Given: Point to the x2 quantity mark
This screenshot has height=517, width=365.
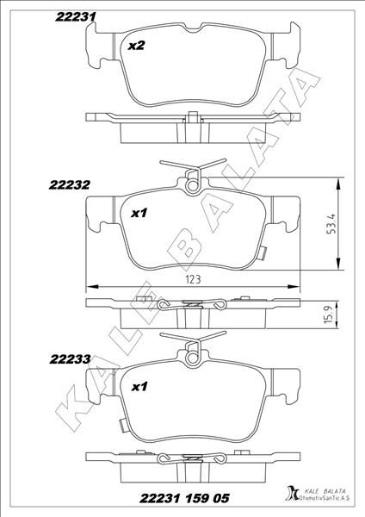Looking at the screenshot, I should (x=135, y=47).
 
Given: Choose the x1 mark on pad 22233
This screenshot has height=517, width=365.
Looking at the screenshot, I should (x=139, y=387).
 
